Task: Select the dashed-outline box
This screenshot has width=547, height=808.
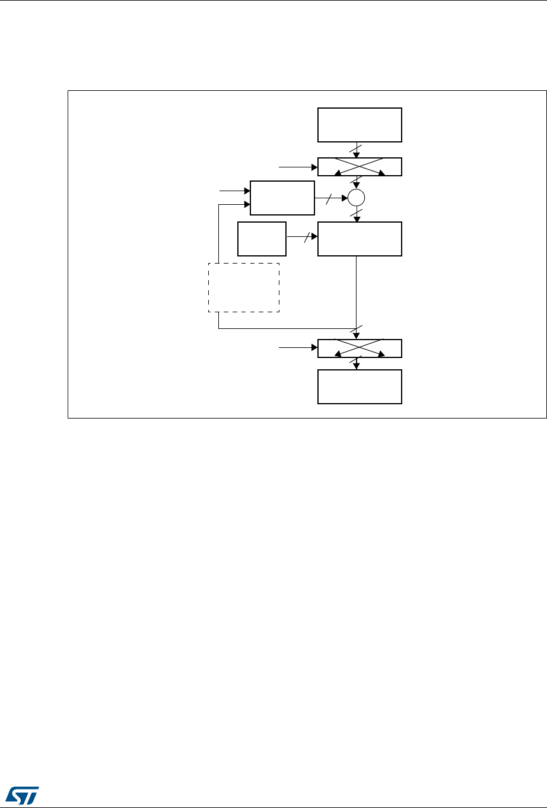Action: click(x=243, y=288)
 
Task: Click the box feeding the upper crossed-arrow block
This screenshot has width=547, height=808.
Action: click(x=360, y=125)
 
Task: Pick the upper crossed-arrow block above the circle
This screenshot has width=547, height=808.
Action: click(x=360, y=167)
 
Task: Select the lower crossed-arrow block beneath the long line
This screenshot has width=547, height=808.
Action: click(x=360, y=348)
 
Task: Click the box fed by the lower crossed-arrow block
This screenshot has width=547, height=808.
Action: click(x=360, y=386)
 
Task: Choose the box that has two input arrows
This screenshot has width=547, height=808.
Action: click(x=282, y=198)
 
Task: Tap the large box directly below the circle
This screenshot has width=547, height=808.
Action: click(x=360, y=239)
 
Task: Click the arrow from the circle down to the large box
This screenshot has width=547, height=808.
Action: click(x=357, y=214)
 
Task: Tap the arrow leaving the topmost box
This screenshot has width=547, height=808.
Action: click(x=357, y=150)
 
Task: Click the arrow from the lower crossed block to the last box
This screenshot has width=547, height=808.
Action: click(x=357, y=363)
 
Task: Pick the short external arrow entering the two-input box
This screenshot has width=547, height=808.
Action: click(x=235, y=191)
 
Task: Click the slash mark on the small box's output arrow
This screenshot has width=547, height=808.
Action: click(x=306, y=238)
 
